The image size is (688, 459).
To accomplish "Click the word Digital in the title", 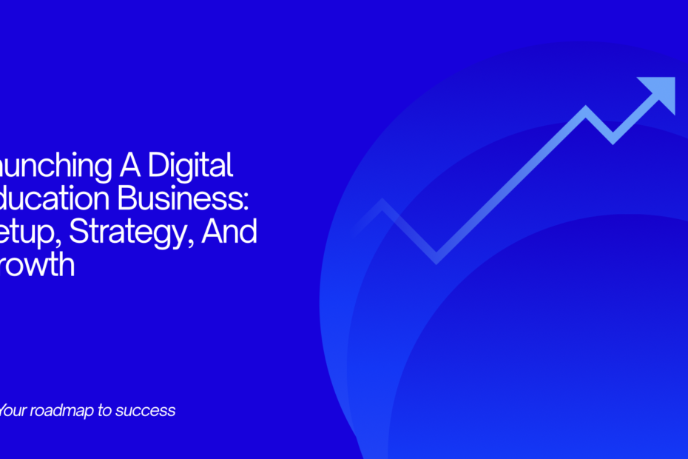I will coord(190,166).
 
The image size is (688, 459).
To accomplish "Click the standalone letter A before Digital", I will coord(127,166).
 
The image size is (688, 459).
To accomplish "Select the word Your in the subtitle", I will coord(13,410).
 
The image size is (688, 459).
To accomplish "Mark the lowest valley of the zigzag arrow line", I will coord(436,258).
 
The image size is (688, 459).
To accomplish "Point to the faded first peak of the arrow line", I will coord(382,204).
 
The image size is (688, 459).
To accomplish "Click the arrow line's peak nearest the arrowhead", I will coord(587,111).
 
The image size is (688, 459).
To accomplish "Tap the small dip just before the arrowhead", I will coord(612,138).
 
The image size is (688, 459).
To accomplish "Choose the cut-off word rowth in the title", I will coord(38,266).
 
